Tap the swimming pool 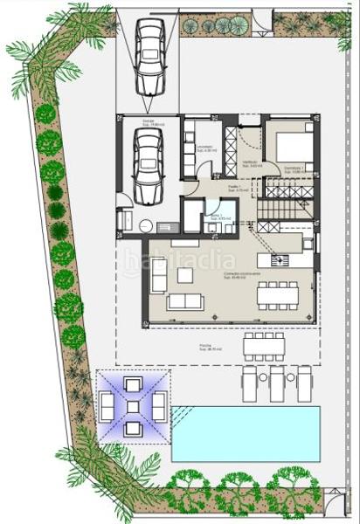click(246, 433)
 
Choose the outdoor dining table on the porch click(265, 345)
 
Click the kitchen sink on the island click(280, 259)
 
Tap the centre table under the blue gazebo click(133, 406)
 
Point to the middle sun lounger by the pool click(277, 382)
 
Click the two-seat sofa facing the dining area click(185, 302)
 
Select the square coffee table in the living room click(185, 275)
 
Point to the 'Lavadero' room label click(206, 148)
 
